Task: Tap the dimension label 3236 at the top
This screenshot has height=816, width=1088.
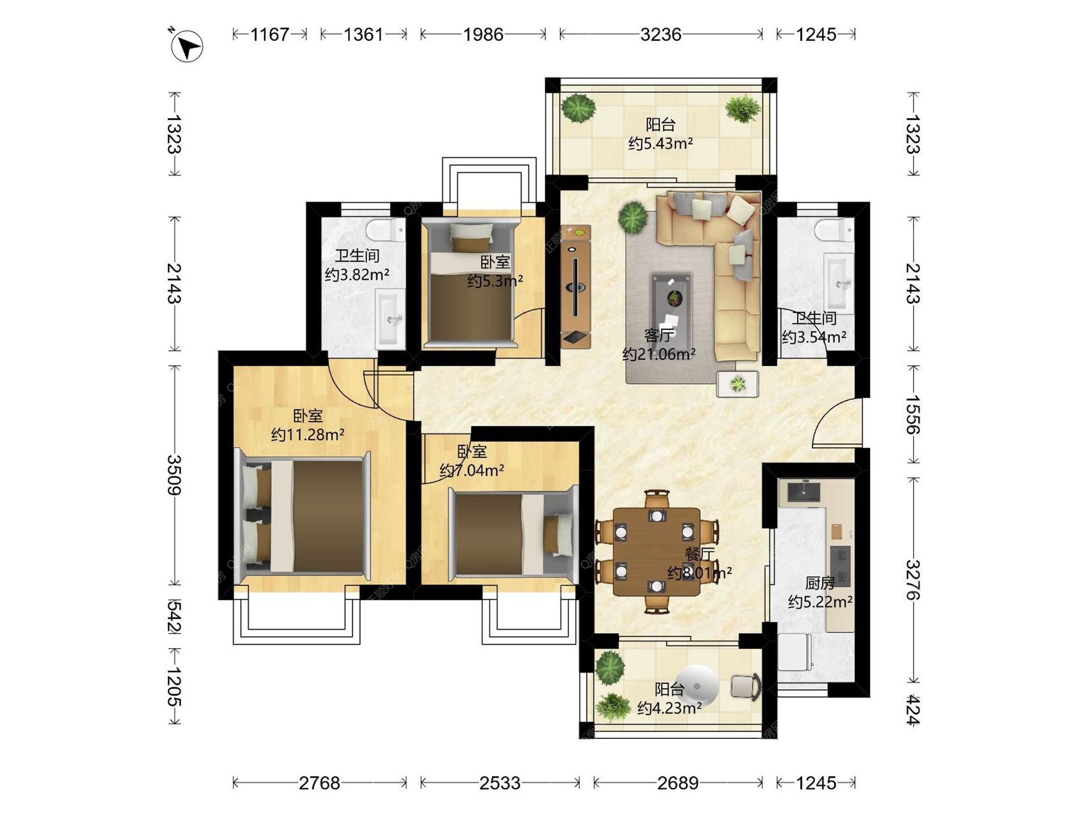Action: click(x=661, y=35)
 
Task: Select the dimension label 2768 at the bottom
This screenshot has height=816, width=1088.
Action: click(x=320, y=783)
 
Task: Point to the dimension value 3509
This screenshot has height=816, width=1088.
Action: click(x=174, y=475)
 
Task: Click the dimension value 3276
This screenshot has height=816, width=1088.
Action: click(x=912, y=580)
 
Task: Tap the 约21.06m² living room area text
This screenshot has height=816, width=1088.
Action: click(x=659, y=354)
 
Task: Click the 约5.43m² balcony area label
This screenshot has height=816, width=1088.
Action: click(x=660, y=143)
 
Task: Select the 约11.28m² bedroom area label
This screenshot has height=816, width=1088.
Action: click(x=308, y=435)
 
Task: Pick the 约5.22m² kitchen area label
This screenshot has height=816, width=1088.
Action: click(x=820, y=601)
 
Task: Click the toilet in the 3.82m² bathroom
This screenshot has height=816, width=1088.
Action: click(x=385, y=229)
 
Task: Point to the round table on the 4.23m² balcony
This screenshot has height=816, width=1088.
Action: click(x=698, y=686)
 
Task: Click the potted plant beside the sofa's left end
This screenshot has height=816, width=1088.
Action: click(x=632, y=217)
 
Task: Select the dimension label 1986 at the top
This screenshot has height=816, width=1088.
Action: click(x=483, y=35)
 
